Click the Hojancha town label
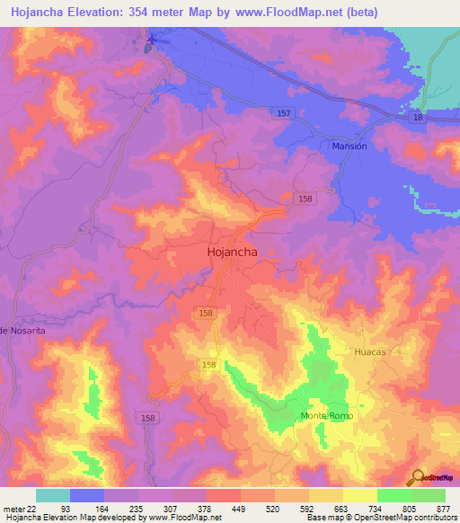[x=233, y=253]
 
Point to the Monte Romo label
[x=327, y=416]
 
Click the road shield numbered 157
[x=284, y=112]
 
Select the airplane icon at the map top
[x=152, y=39]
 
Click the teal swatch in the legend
[x=52, y=495]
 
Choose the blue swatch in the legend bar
[x=86, y=495]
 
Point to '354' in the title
[x=143, y=13]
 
